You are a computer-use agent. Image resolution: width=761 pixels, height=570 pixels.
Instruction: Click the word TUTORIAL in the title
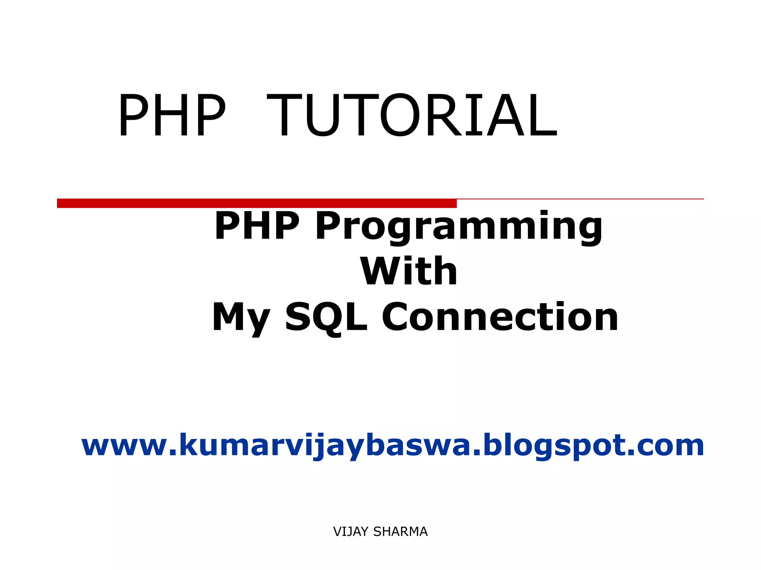[x=412, y=115]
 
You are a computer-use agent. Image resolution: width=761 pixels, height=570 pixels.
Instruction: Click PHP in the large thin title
[x=172, y=115]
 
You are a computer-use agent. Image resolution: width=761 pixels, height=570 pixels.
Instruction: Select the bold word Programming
[x=459, y=226]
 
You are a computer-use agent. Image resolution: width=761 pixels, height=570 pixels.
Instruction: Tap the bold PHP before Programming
[x=257, y=225]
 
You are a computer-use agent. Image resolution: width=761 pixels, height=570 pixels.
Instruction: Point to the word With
[x=408, y=271]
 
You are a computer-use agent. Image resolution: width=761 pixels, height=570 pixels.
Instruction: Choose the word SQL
[x=326, y=317]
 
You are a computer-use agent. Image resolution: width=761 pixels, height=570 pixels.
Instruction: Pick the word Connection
[x=500, y=317]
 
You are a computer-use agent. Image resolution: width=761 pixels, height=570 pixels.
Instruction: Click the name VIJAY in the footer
[x=351, y=532]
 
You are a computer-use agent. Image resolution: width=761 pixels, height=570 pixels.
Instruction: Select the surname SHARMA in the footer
[x=400, y=532]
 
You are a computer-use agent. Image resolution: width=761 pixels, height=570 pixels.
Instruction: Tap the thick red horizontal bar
[x=256, y=203]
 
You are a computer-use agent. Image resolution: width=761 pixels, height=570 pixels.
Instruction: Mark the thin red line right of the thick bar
[x=580, y=199]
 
